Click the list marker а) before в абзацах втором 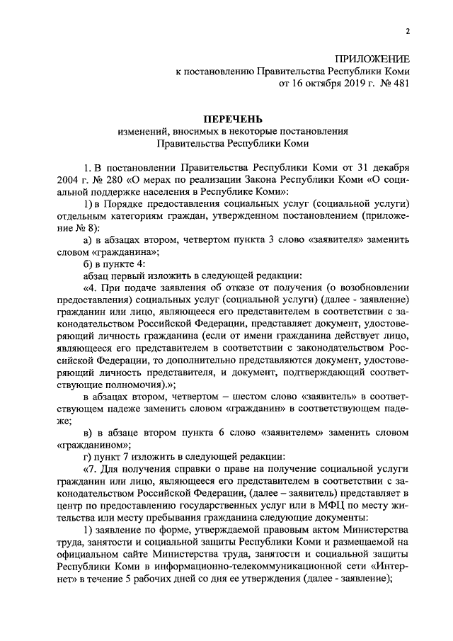(89, 239)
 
